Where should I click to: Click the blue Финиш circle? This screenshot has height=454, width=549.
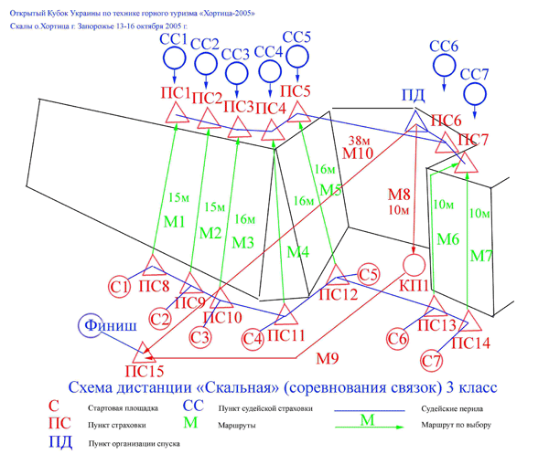tap(98, 325)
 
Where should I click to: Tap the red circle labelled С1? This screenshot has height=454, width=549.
tap(119, 287)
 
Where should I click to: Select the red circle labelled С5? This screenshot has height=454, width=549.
tap(369, 274)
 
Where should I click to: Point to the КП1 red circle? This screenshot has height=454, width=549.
tap(414, 266)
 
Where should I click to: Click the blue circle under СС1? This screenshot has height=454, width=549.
tap(174, 58)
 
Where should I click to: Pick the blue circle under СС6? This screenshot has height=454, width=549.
tap(444, 65)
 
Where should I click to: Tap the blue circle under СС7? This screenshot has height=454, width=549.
tap(475, 93)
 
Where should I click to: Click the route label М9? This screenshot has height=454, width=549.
tap(328, 357)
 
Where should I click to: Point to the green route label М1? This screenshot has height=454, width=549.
tap(175, 222)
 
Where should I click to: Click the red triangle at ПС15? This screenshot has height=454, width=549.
tap(143, 350)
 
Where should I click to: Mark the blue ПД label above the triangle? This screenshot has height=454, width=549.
tap(413, 96)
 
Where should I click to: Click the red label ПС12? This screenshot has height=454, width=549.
tap(339, 294)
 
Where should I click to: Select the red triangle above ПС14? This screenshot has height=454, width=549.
tap(469, 322)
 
